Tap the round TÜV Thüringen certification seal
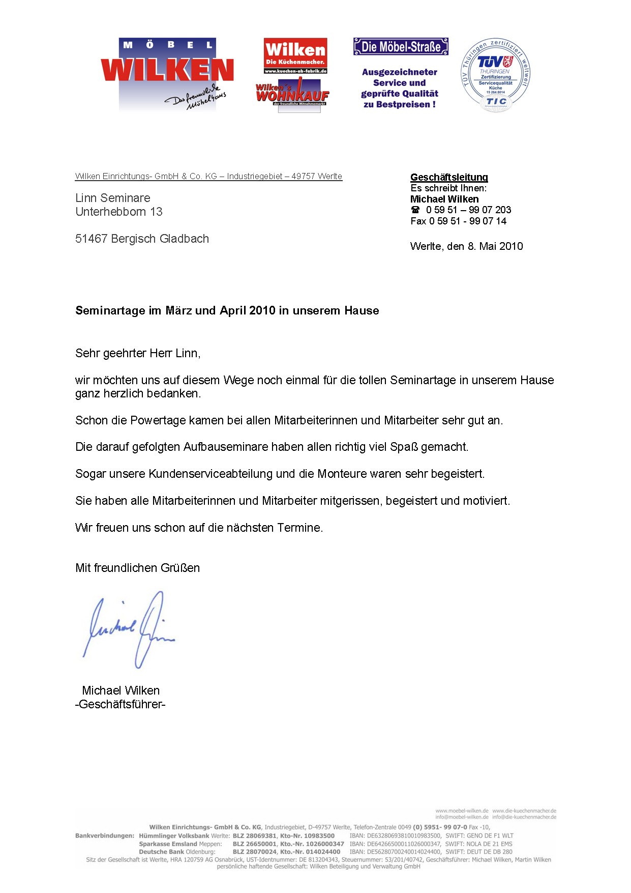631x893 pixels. point(495,75)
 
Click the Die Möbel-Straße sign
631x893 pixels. point(401,47)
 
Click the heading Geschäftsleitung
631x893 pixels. point(449,177)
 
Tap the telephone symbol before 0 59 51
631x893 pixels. point(415,210)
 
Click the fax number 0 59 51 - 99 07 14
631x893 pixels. point(468,221)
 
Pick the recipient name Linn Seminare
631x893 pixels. point(113,198)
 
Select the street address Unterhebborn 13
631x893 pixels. point(119,212)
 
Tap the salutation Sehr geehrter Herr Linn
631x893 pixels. point(138,353)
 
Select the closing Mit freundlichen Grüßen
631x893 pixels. point(137,568)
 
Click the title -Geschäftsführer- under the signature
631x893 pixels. point(121,704)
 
